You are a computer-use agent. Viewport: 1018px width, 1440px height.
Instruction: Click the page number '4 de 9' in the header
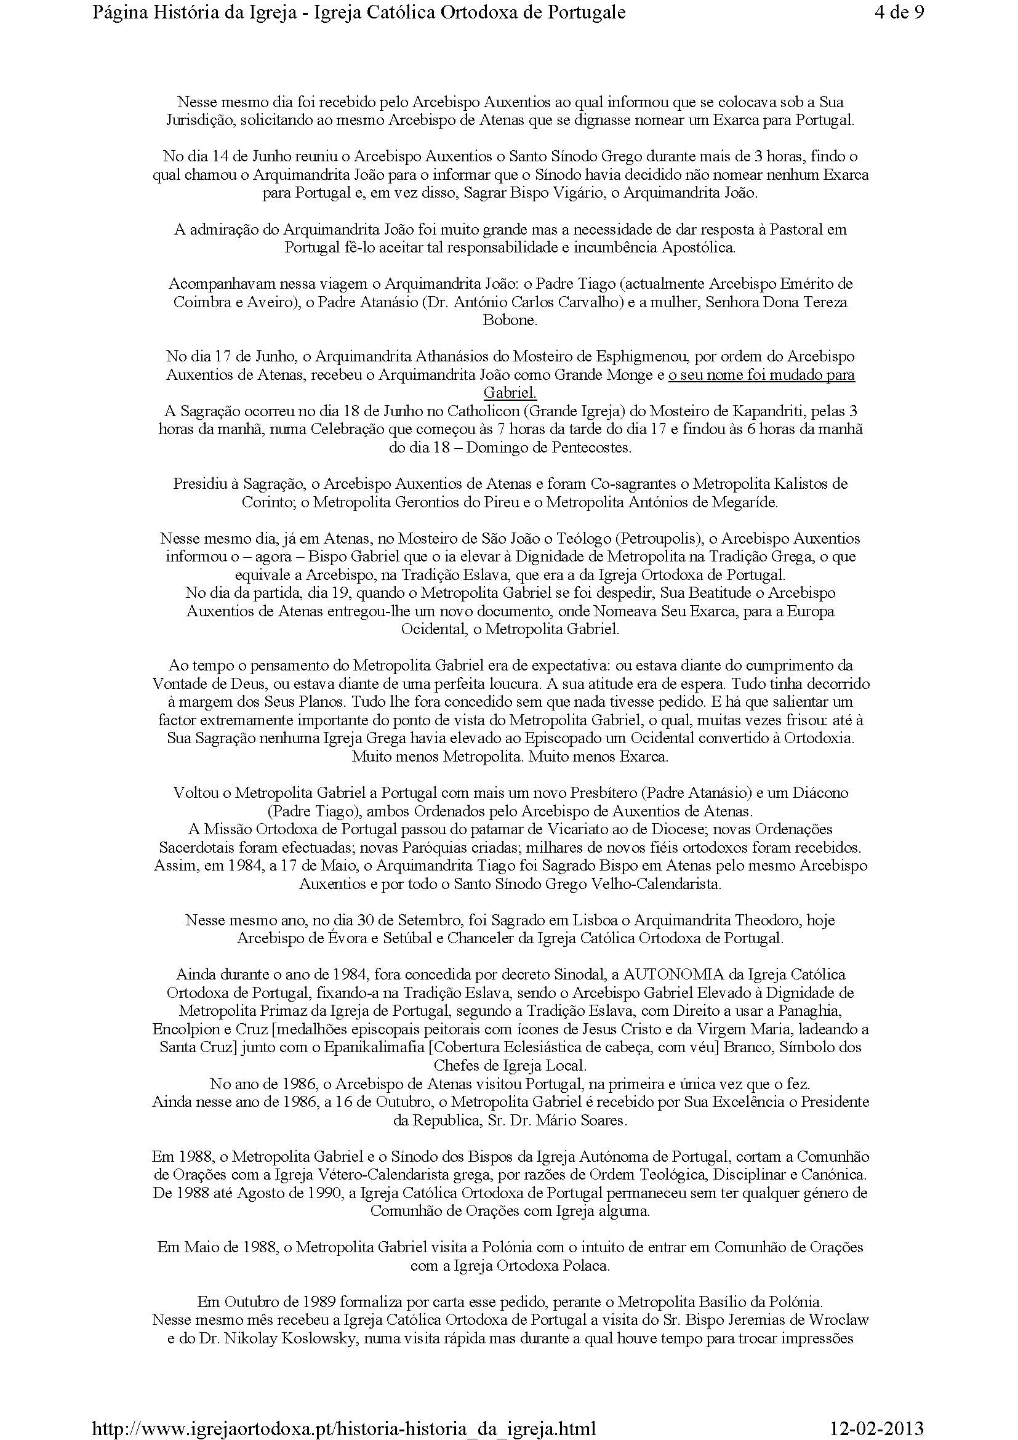tap(898, 13)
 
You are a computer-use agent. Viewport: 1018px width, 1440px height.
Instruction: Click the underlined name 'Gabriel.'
tap(510, 393)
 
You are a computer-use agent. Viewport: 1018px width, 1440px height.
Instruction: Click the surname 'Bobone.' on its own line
tap(510, 321)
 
